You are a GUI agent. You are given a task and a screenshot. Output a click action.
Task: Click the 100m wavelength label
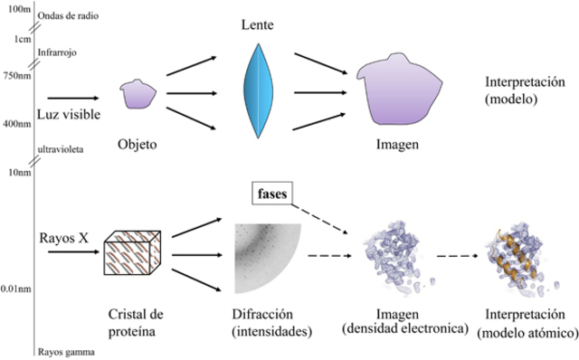(16, 8)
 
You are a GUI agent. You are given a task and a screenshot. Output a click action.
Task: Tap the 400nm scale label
(16, 123)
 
